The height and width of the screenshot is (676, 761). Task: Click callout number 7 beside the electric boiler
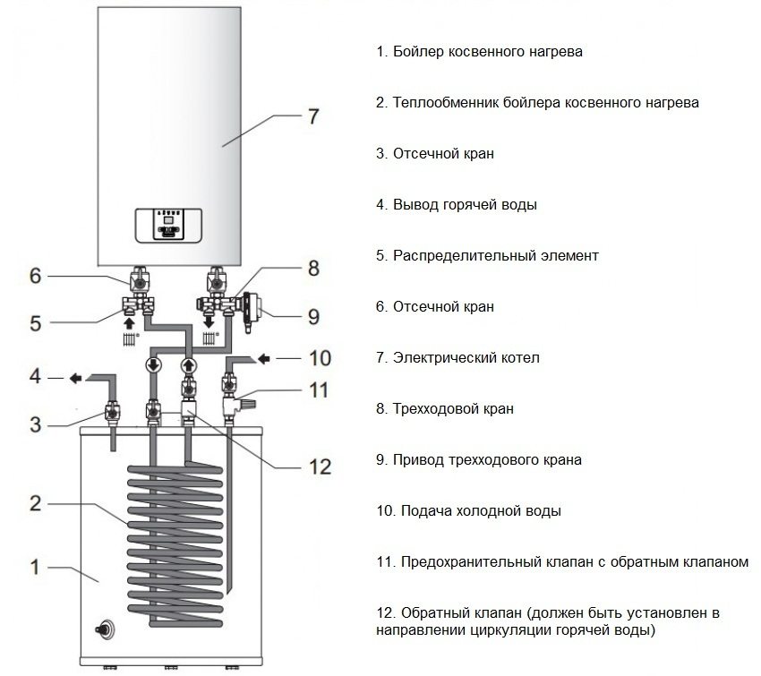coord(312,116)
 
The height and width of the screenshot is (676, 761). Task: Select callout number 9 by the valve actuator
coord(312,315)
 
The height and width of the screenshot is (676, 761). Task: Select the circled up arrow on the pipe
coord(189,365)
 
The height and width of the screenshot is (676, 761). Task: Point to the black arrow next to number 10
coord(267,359)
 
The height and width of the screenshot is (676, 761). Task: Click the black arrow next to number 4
coord(76,379)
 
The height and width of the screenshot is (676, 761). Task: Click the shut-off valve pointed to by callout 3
coord(113,413)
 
